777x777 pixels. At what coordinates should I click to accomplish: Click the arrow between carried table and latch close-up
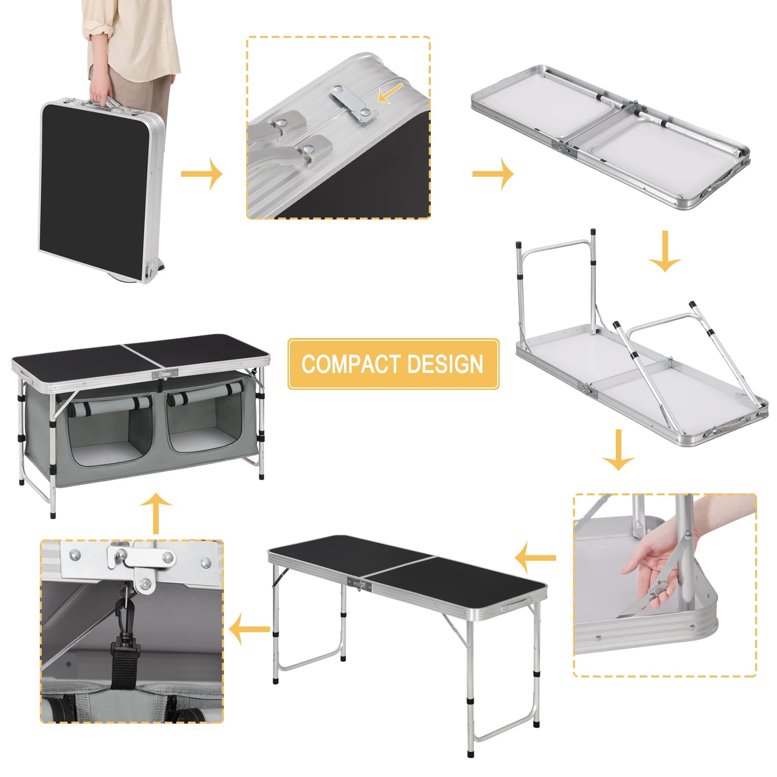[x=202, y=173]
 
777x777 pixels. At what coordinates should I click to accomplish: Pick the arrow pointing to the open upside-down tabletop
[x=492, y=173]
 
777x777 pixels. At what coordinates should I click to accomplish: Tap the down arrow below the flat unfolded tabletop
[x=664, y=251]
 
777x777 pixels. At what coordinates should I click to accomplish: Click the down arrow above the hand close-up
[x=618, y=449]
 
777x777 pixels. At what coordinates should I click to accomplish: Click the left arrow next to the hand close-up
[x=535, y=557]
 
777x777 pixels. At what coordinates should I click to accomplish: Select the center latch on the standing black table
[x=359, y=584]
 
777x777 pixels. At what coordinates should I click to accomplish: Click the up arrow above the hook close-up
[x=155, y=513]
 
